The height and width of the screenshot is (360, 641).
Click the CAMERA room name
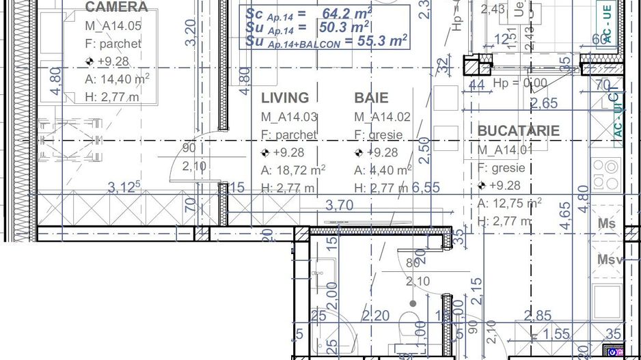click(x=116, y=8)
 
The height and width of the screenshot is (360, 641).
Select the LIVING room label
click(x=285, y=98)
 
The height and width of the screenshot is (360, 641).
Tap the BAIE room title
click(x=371, y=98)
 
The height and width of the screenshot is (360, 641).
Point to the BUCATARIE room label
click(x=518, y=130)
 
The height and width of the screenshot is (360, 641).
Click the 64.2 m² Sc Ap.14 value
click(x=346, y=13)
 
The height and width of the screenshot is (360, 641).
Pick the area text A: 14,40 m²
click(x=117, y=79)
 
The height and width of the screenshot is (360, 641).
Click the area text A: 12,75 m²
click(x=509, y=203)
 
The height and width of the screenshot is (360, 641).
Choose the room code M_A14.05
click(x=113, y=27)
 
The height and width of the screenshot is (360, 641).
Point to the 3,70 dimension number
click(x=340, y=204)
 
